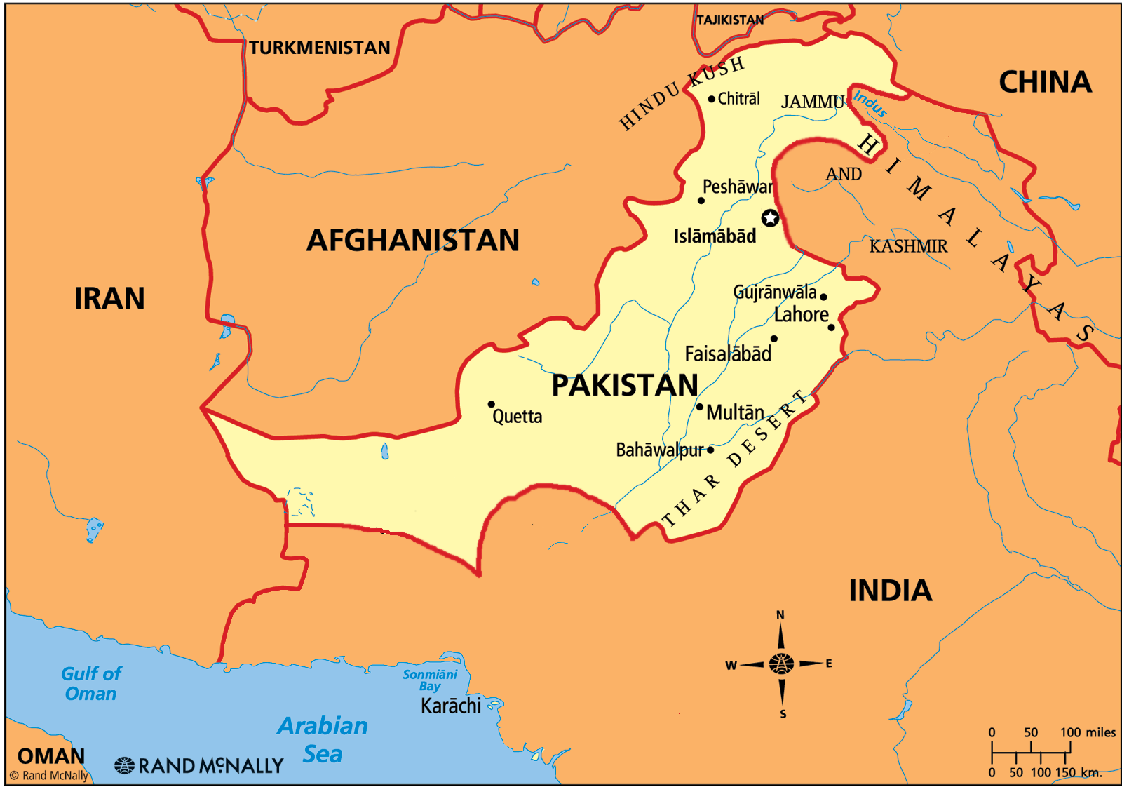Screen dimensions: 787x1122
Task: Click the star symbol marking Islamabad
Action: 770,218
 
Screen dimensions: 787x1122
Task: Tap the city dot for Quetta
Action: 491,404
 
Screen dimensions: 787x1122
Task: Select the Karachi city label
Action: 451,706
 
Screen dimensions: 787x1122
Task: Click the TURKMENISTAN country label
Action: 320,48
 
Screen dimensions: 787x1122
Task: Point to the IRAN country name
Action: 109,299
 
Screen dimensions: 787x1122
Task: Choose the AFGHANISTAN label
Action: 413,241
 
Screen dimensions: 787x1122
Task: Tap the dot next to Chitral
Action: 711,99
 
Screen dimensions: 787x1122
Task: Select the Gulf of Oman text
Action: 91,683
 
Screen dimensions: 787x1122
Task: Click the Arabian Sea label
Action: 323,739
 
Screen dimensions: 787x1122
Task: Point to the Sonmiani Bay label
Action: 430,680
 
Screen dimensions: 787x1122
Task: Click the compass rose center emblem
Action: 781,663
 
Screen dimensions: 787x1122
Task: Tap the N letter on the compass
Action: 780,615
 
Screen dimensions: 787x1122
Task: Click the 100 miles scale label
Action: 1088,732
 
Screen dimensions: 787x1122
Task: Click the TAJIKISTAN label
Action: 730,20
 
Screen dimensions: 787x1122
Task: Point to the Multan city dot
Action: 699,407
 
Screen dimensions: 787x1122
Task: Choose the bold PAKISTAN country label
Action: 624,385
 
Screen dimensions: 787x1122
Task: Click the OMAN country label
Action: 51,756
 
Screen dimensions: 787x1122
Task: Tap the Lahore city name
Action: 801,314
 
